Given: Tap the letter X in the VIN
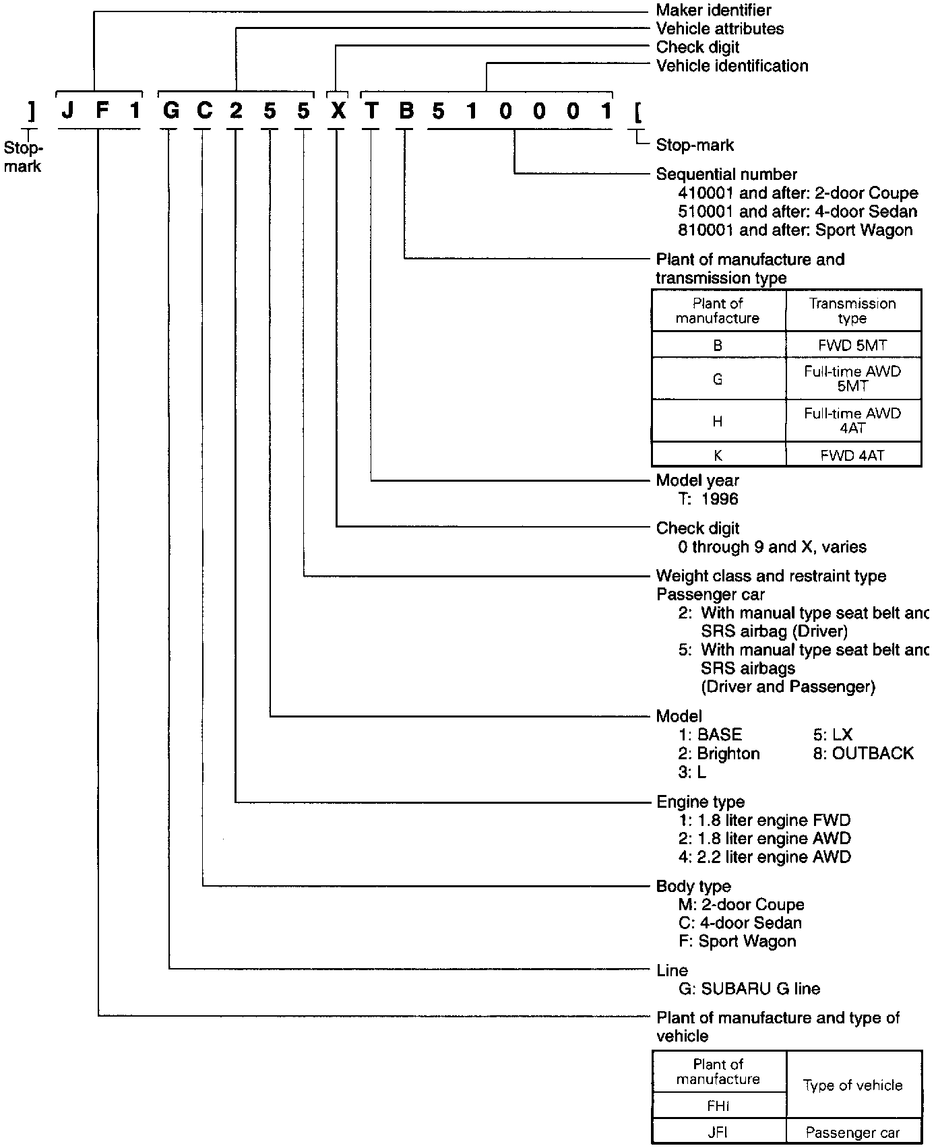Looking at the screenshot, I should [x=338, y=110].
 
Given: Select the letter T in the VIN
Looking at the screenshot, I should [x=371, y=110].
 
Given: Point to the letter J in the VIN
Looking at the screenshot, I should [x=67, y=110].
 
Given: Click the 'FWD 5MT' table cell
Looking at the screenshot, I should [x=852, y=345].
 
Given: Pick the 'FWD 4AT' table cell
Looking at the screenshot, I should [x=852, y=455].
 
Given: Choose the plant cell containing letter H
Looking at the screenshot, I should [x=718, y=421].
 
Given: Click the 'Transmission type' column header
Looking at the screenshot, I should [x=852, y=311].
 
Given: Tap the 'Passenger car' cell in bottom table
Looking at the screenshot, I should [x=852, y=1133].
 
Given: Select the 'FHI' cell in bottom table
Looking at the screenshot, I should [x=718, y=1106].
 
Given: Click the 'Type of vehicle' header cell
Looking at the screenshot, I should [x=852, y=1085].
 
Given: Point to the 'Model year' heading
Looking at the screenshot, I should [x=697, y=480].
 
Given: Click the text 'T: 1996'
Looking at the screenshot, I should [x=708, y=499].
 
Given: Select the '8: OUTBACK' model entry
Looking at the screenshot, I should [x=863, y=753].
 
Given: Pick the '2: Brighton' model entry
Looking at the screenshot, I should [x=719, y=753].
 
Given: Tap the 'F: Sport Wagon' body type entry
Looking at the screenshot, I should [x=737, y=941].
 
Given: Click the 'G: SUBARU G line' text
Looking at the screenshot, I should [x=749, y=989].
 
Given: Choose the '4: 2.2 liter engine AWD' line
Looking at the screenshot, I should [x=764, y=857].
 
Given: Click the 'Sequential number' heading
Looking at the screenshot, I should [x=726, y=174].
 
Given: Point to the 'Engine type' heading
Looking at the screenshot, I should [x=701, y=802].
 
